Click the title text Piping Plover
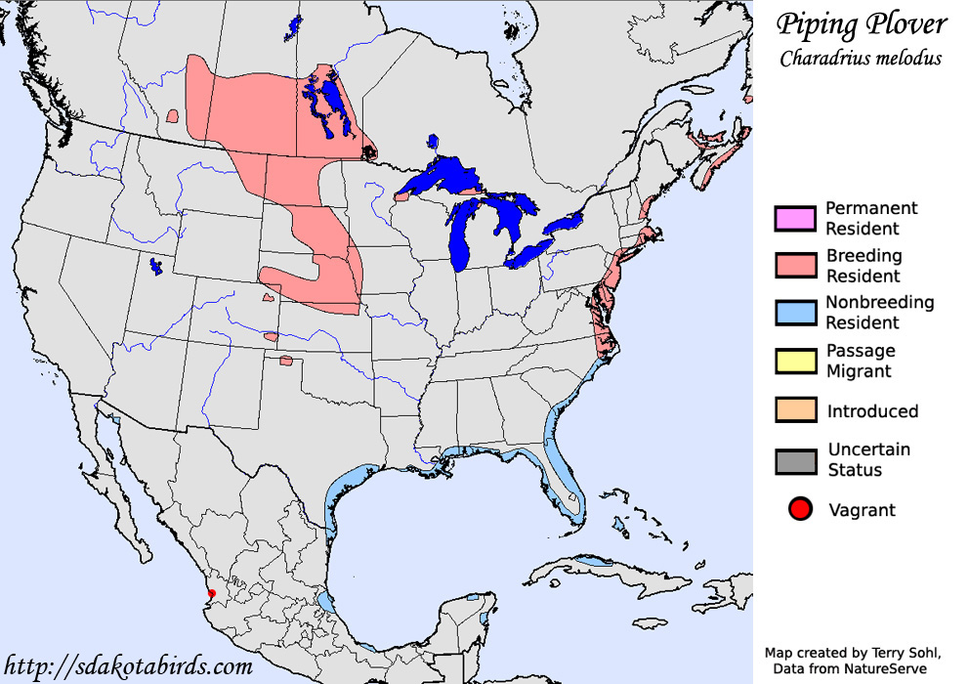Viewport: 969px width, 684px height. pos(861,24)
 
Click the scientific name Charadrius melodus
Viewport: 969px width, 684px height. pos(861,58)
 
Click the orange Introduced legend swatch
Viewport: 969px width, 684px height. pos(794,410)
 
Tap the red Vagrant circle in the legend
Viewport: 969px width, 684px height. pos(800,509)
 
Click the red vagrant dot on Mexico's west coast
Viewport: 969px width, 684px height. pos(212,593)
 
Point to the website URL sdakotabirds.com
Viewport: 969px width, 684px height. pos(127,666)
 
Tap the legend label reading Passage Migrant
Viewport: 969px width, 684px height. pos(861,361)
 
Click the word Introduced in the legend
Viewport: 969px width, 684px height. pos(872,411)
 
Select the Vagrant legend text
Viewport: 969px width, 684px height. pos(862,510)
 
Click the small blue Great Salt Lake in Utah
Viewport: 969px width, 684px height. pos(155,265)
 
